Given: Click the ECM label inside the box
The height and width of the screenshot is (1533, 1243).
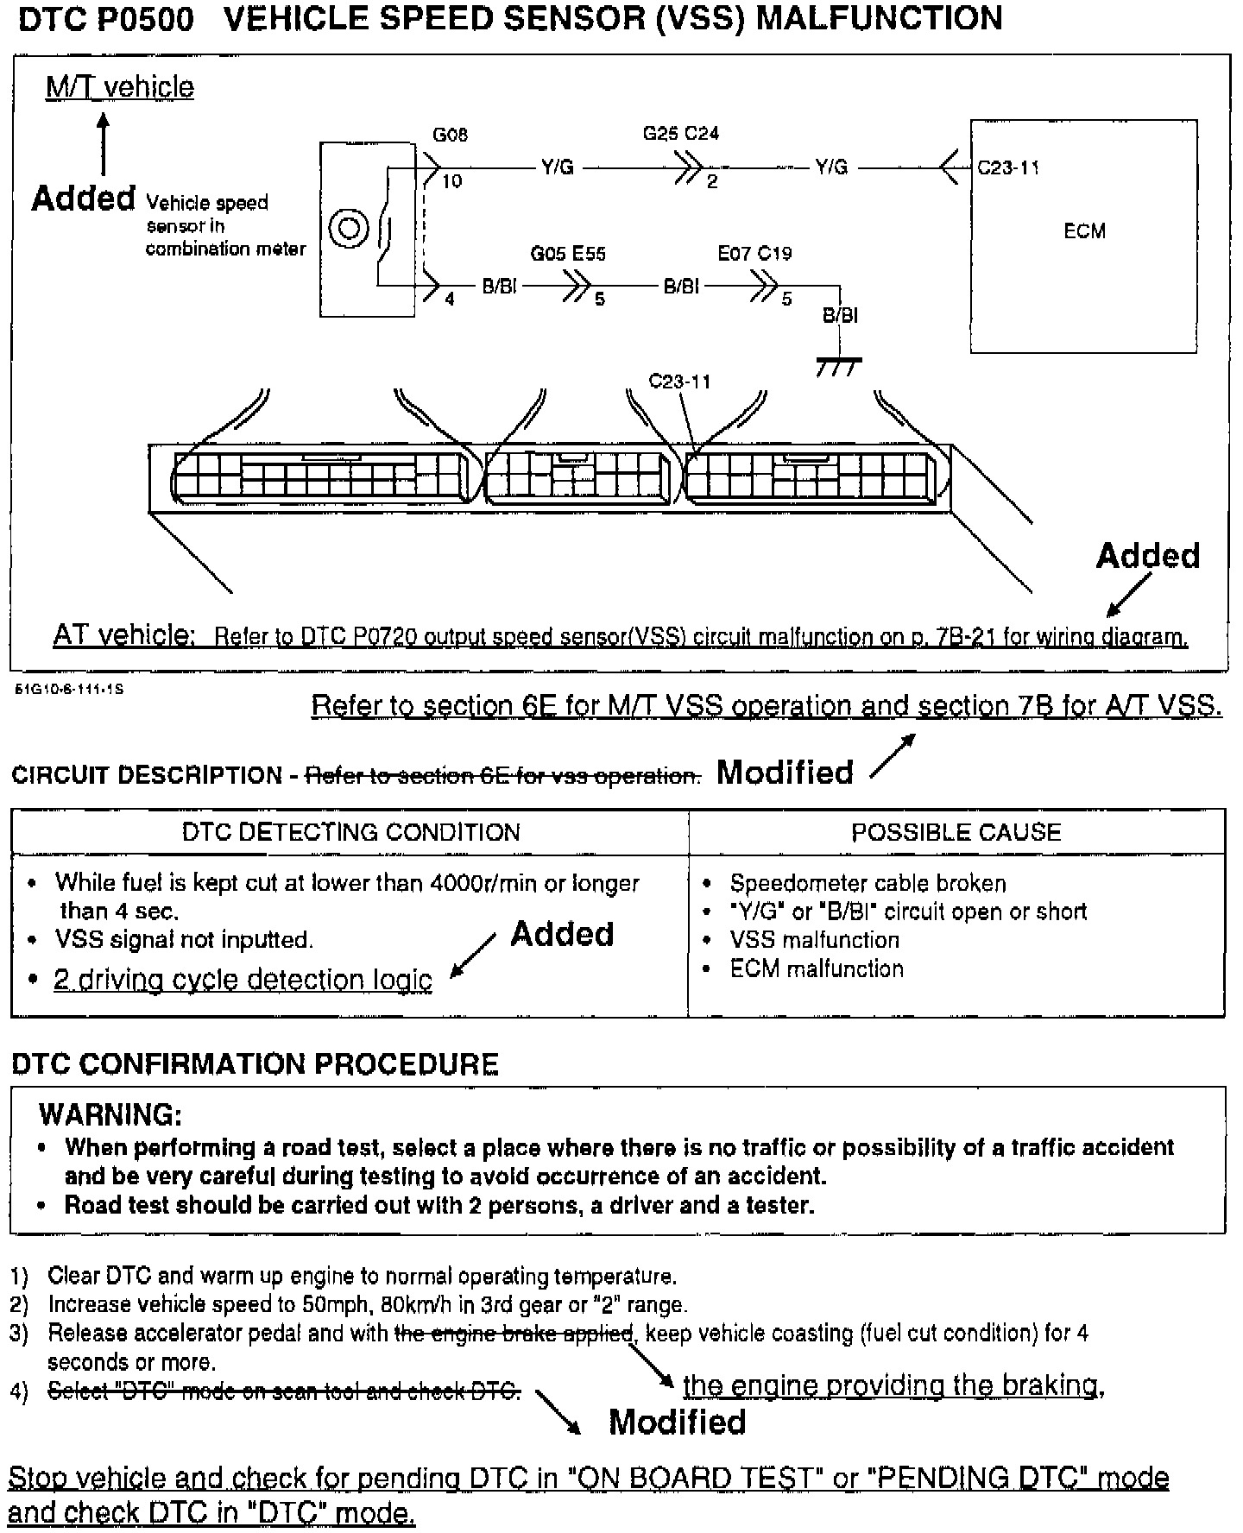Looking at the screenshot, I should coord(1084,231).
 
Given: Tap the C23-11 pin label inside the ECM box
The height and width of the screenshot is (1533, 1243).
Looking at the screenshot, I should coord(1007,167).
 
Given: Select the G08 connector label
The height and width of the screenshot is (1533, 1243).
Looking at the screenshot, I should coord(450,136).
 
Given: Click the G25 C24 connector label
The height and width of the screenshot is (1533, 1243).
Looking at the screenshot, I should coord(680,134).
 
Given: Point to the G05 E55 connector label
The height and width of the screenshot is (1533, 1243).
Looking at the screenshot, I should coord(567,254).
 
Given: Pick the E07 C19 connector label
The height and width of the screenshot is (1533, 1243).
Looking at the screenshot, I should coord(754,254).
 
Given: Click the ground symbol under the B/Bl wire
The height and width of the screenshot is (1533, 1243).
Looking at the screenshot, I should coord(838,368).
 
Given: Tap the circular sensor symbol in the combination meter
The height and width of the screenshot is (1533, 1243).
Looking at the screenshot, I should coord(350,230).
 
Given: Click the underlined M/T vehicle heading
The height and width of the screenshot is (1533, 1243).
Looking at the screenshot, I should coord(120,87).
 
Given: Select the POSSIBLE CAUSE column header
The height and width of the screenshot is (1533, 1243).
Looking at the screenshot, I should coord(956,832).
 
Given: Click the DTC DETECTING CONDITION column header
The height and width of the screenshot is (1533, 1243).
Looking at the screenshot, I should coord(350,832).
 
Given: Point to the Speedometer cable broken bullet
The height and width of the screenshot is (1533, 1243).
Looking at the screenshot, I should coord(868,884).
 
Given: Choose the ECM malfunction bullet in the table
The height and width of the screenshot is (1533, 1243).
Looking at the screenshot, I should coord(816,968).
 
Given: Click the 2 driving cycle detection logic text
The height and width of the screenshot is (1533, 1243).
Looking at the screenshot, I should coord(243,980).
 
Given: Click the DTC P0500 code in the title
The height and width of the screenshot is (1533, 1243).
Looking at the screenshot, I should coord(105,19).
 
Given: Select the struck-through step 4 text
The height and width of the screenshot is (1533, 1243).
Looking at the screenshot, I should coord(284,1391).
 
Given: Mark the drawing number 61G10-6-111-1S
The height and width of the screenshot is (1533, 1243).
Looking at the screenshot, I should coord(69,691).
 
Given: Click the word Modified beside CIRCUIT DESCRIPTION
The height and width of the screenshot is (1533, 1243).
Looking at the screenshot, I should coord(785,773).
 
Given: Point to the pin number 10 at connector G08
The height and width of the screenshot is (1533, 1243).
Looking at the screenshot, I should coord(451,181).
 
